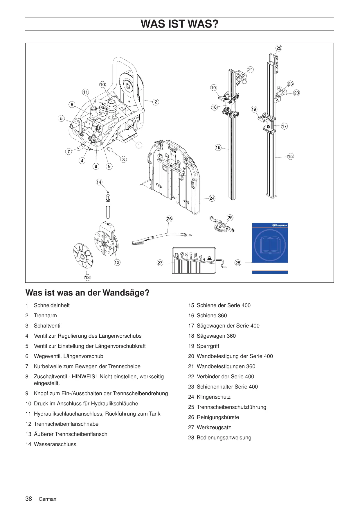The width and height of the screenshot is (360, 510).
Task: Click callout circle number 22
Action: click(279, 48)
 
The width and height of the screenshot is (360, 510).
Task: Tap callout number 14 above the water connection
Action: click(99, 182)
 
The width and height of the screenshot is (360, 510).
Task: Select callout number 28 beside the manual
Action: click(238, 263)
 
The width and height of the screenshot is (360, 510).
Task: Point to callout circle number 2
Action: click(156, 102)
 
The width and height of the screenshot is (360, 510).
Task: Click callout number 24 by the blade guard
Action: click(212, 198)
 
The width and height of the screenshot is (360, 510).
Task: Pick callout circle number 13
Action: click(87, 278)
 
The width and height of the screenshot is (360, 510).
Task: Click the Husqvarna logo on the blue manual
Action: click(280, 225)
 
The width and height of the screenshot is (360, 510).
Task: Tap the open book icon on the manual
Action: click(270, 245)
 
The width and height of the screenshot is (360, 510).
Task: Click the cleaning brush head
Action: click(138, 242)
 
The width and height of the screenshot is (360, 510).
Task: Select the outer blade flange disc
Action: click(83, 256)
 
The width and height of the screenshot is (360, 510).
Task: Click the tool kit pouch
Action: click(194, 260)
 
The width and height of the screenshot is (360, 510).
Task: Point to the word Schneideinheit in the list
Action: click(52, 305)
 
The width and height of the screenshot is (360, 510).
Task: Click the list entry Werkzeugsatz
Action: click(214, 427)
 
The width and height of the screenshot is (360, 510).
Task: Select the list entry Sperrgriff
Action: click(208, 346)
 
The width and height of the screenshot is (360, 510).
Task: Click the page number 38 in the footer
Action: click(28, 499)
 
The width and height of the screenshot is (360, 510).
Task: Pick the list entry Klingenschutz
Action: click(213, 397)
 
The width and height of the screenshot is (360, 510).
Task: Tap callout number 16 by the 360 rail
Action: click(218, 148)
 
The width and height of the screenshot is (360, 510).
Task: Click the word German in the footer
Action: click(47, 499)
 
